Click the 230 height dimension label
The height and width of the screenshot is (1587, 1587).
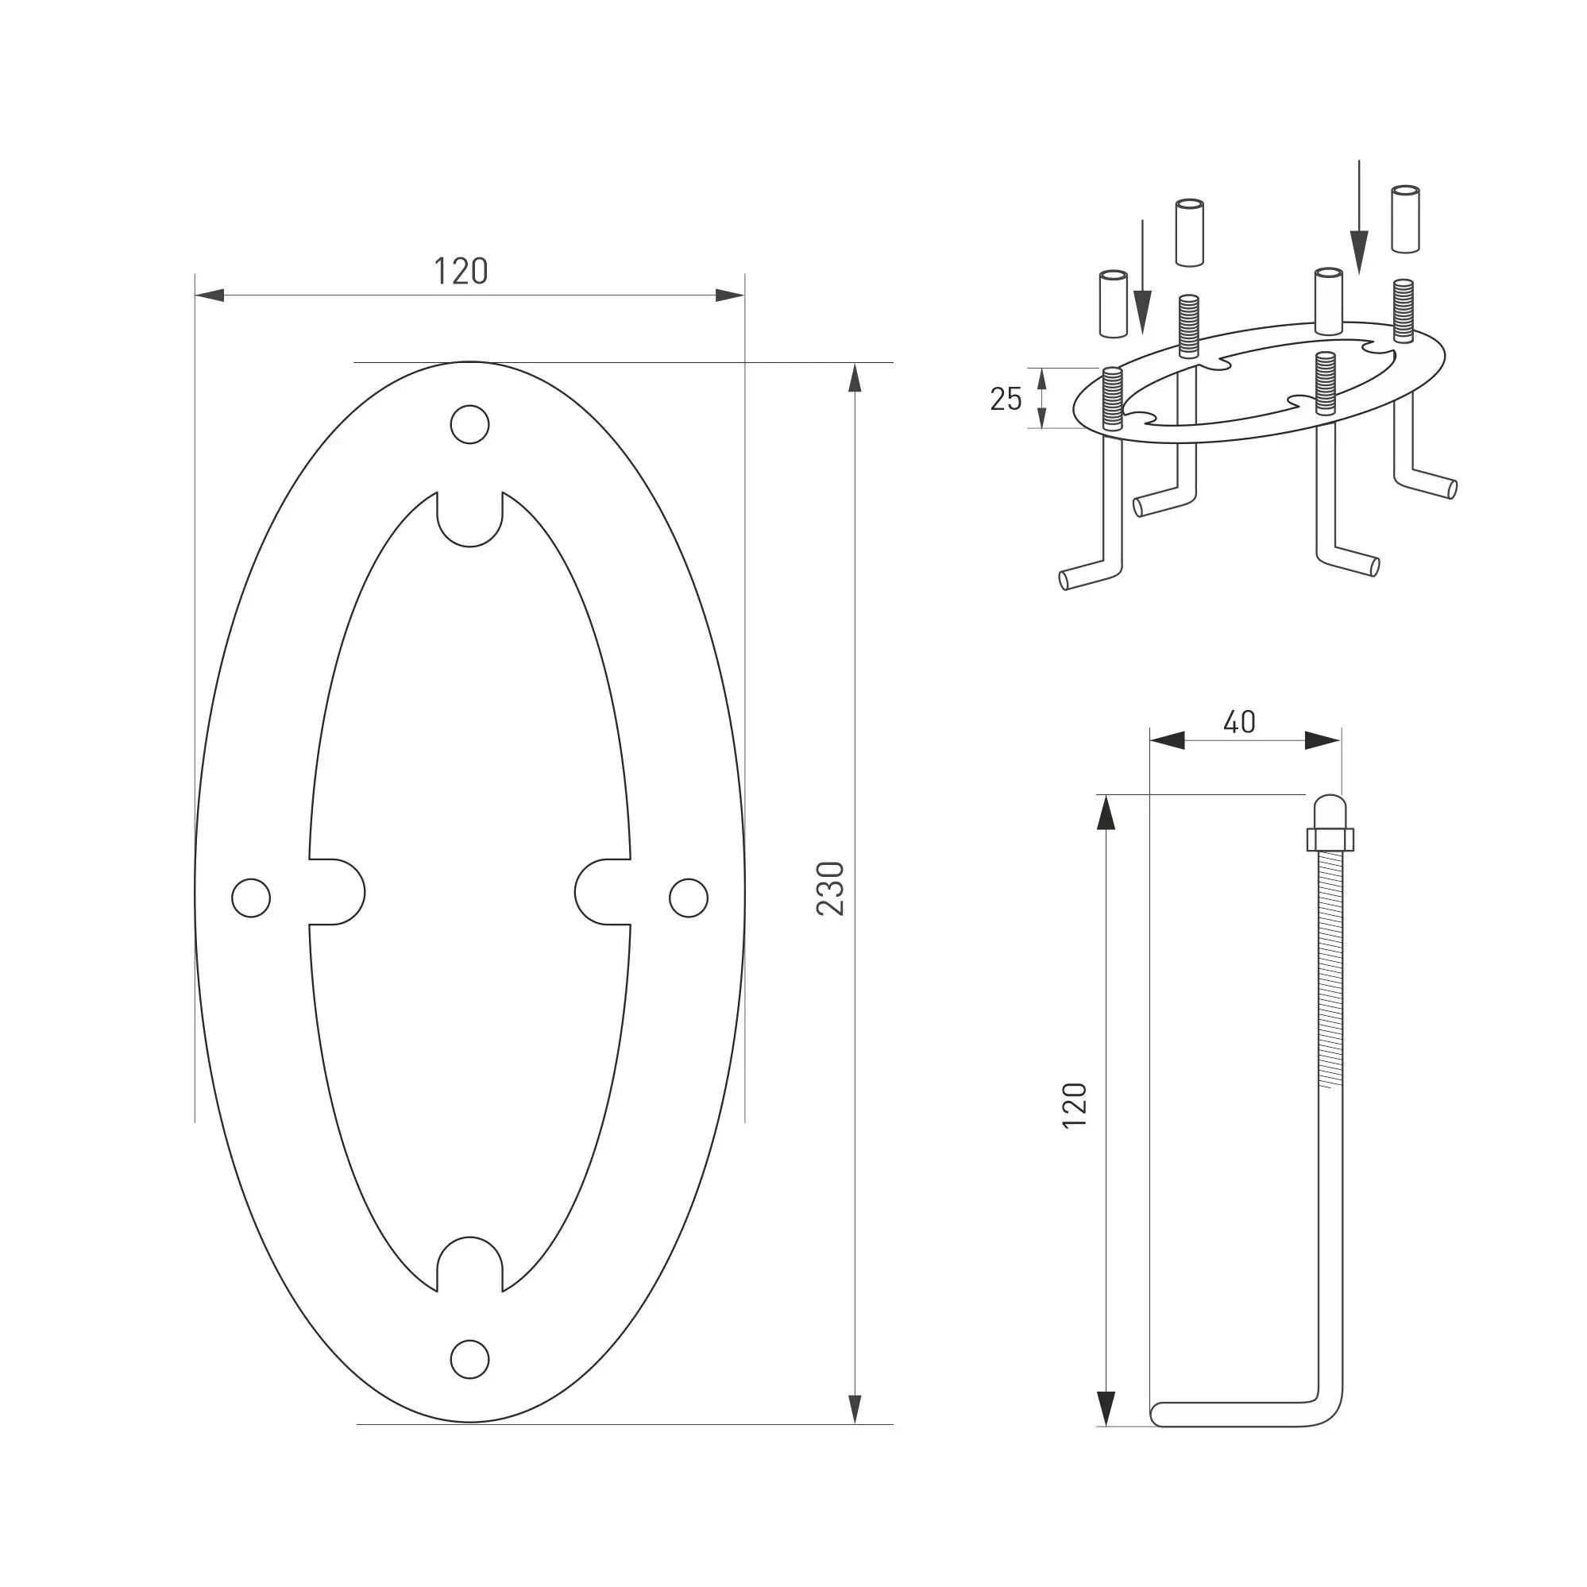(x=831, y=888)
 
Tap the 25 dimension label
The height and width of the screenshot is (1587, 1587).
(x=1006, y=400)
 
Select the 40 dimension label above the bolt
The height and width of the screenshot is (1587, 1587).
(x=1240, y=722)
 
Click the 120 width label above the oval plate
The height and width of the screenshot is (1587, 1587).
(x=461, y=272)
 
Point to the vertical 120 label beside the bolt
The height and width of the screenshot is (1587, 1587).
(x=1075, y=1106)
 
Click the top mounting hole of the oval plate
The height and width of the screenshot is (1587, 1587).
(x=470, y=425)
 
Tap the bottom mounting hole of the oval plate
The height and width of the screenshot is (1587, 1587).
(x=470, y=1359)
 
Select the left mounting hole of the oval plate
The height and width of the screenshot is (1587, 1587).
(x=251, y=898)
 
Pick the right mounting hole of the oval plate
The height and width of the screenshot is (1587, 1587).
(x=689, y=898)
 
